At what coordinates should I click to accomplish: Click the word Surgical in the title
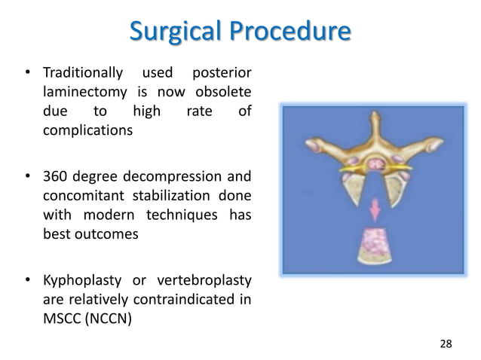tap(176, 32)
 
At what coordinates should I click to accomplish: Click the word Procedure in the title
tap(291, 32)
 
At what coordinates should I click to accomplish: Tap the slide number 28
tap(446, 343)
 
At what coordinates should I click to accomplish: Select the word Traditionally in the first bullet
tap(82, 73)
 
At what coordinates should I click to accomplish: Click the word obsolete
tap(223, 92)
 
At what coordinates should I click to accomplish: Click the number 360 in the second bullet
tap(55, 177)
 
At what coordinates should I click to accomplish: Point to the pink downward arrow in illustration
tap(373, 206)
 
